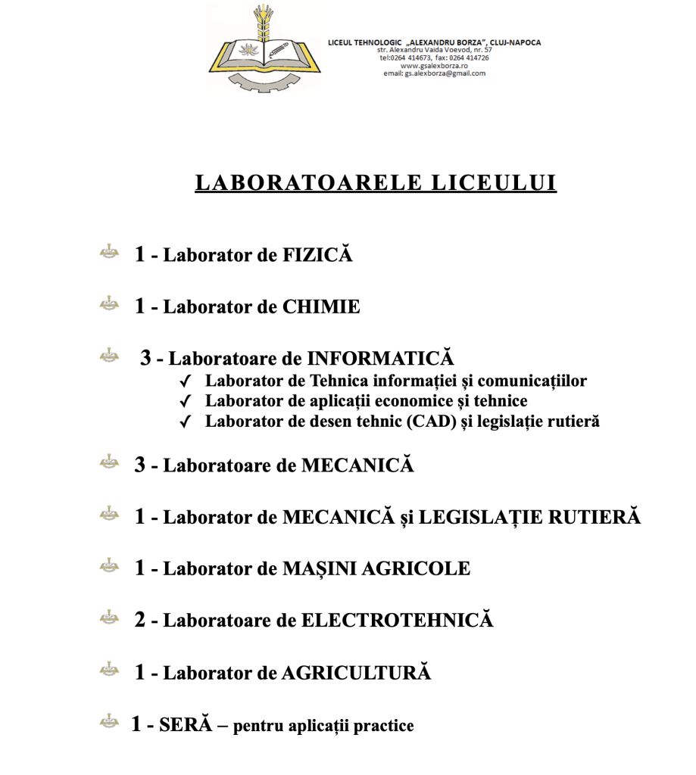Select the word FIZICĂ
pyautogui.click(x=317, y=255)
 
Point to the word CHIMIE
pyautogui.click(x=321, y=307)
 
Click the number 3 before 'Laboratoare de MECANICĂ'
pyautogui.click(x=140, y=465)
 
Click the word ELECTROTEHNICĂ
pyautogui.click(x=397, y=621)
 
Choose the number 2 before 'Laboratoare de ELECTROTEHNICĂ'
pyautogui.click(x=140, y=621)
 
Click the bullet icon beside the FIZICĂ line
pyautogui.click(x=110, y=252)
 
